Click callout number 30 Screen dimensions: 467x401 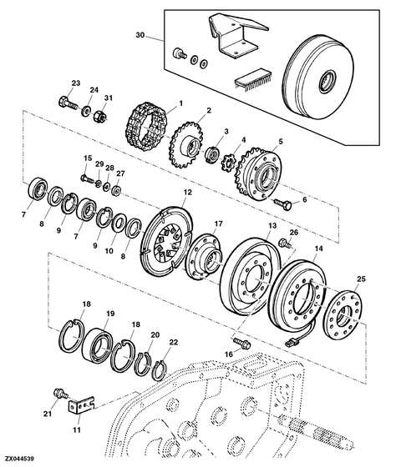click(x=139, y=36)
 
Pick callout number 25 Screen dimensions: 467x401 click(x=360, y=279)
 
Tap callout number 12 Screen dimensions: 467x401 click(x=188, y=193)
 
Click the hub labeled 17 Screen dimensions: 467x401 click(x=203, y=255)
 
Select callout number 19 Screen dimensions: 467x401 click(x=109, y=314)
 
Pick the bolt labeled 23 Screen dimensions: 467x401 click(x=65, y=103)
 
